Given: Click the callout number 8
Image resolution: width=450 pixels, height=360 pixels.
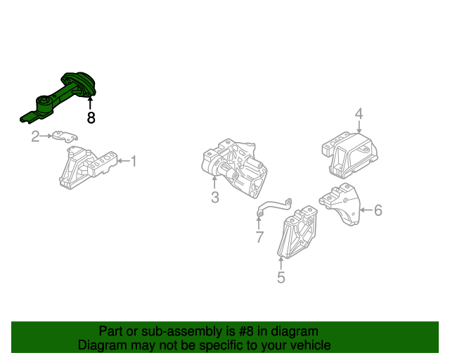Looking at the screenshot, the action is pyautogui.click(x=91, y=117).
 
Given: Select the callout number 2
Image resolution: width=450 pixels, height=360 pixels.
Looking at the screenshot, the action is pyautogui.click(x=35, y=136).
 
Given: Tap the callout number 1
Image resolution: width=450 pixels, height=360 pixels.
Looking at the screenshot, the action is pyautogui.click(x=134, y=161).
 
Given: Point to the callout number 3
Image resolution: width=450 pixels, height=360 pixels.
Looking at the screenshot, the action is pyautogui.click(x=215, y=198).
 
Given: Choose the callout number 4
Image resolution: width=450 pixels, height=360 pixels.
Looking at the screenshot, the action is pyautogui.click(x=359, y=114).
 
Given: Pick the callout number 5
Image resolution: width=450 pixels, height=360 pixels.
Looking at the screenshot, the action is pyautogui.click(x=281, y=278).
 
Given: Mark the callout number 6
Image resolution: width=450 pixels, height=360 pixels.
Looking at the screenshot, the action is pyautogui.click(x=378, y=210).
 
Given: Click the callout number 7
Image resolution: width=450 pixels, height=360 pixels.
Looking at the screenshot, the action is pyautogui.click(x=259, y=237).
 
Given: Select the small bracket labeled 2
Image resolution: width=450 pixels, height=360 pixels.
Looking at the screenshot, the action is pyautogui.click(x=65, y=136).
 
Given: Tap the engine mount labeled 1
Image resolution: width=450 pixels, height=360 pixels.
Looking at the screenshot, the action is pyautogui.click(x=87, y=167).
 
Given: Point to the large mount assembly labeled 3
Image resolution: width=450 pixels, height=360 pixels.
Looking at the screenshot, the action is pyautogui.click(x=235, y=168).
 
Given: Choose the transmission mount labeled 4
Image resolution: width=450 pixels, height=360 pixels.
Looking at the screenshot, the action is pyautogui.click(x=349, y=155).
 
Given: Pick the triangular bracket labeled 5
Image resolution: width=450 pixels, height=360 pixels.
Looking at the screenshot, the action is pyautogui.click(x=297, y=232).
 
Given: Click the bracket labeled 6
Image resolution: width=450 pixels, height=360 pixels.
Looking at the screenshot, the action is pyautogui.click(x=340, y=205).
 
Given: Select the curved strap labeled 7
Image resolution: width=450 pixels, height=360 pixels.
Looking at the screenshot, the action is pyautogui.click(x=274, y=207).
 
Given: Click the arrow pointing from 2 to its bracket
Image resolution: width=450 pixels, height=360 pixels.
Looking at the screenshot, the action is pyautogui.click(x=46, y=136).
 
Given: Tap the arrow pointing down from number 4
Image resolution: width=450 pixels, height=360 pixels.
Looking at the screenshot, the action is pyautogui.click(x=359, y=127).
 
